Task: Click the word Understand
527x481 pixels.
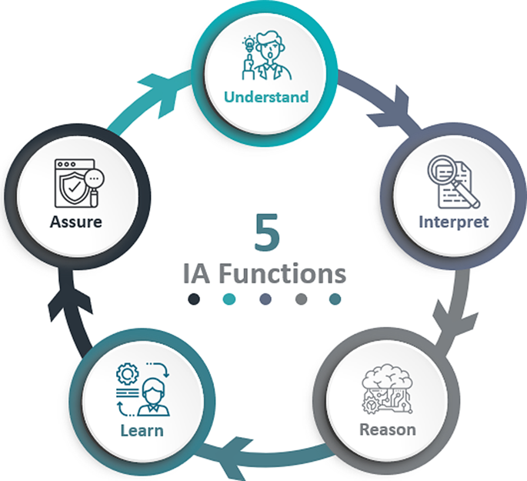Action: (x=266, y=97)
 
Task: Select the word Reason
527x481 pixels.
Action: (x=388, y=429)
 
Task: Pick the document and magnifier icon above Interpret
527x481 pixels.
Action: (x=452, y=182)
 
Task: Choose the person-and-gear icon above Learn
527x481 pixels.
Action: (x=142, y=389)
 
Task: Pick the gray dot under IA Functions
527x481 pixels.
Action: (x=302, y=299)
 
